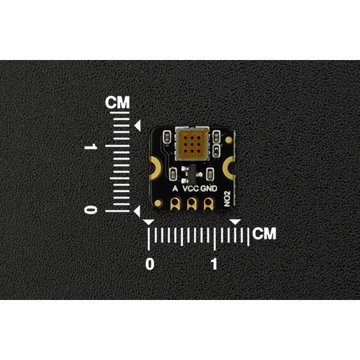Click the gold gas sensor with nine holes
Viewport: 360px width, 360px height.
pos(192,144)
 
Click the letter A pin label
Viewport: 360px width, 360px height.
pos(175,188)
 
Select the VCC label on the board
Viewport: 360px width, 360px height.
pos(191,188)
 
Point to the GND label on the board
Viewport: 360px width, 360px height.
pos(209,188)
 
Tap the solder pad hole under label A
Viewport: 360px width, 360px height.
pos(176,202)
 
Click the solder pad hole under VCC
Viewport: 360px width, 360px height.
pos(191,202)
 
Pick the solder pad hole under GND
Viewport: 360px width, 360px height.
pos(208,202)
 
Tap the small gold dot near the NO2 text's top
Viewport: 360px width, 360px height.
pos(229,140)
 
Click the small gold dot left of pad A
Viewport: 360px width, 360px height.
pos(158,203)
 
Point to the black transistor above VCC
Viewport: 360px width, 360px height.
pos(191,174)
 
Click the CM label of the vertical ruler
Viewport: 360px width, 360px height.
pos(117,103)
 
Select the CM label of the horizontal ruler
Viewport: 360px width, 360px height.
pos(264,234)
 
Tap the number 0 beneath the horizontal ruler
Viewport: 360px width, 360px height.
pos(150,264)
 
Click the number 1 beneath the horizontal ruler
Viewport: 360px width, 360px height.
pos(214,264)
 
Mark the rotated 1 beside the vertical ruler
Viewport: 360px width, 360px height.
pos(91,146)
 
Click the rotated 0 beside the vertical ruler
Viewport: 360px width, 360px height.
pos(91,210)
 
